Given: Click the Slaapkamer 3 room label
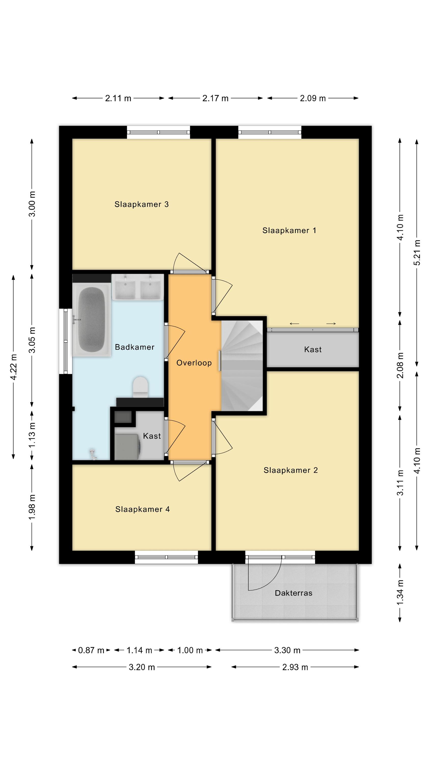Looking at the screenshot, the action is coord(142,204).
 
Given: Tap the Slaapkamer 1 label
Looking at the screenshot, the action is coord(289,231).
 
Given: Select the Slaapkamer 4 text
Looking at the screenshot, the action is coord(142,509).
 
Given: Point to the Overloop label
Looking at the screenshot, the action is coord(194,363).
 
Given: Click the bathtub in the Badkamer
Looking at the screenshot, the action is coord(91,319).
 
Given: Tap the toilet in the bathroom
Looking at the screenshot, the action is coord(140,387).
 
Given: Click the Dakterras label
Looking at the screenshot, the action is coord(293,593).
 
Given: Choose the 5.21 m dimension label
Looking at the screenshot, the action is coord(417,252).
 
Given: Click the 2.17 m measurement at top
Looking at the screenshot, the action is coord(215,98).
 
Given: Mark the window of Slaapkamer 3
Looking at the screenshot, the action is coord(158,132).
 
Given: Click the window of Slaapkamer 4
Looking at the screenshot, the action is coord(167,557).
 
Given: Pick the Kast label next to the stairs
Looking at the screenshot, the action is coord(313,350).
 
